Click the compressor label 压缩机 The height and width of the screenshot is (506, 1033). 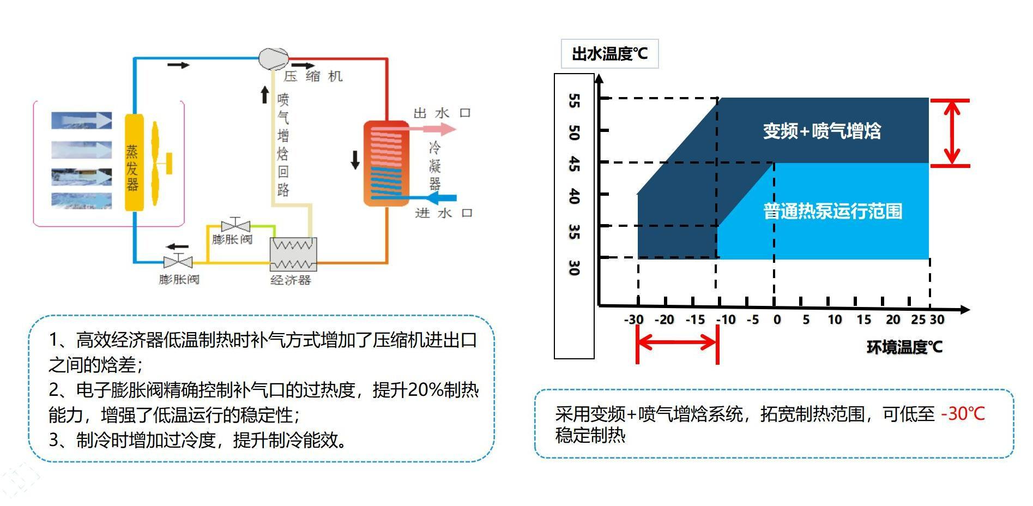tap(313, 76)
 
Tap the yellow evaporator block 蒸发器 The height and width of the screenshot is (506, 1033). tap(134, 162)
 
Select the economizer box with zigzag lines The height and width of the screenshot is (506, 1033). tap(293, 254)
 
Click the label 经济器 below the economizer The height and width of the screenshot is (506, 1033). tap(291, 280)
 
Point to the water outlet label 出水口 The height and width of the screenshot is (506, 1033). tap(442, 113)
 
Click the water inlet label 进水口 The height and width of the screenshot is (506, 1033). tap(443, 213)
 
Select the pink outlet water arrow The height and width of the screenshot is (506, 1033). tap(433, 129)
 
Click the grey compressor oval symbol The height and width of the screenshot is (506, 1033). tap(273, 58)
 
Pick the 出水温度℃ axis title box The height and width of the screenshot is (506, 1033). tap(609, 54)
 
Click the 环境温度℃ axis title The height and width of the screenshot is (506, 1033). tap(904, 347)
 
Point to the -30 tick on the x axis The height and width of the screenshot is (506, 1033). tap(633, 320)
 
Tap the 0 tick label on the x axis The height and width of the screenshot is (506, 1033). tap(777, 320)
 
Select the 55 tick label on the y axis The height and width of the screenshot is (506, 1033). tap(574, 101)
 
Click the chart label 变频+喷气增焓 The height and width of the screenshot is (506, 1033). tap(821, 131)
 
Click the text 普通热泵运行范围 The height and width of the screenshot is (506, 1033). tap(832, 211)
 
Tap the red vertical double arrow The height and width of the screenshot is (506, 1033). tap(951, 132)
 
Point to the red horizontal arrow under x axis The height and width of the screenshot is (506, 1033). tap(677, 342)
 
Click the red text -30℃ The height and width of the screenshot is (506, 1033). tap(963, 414)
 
